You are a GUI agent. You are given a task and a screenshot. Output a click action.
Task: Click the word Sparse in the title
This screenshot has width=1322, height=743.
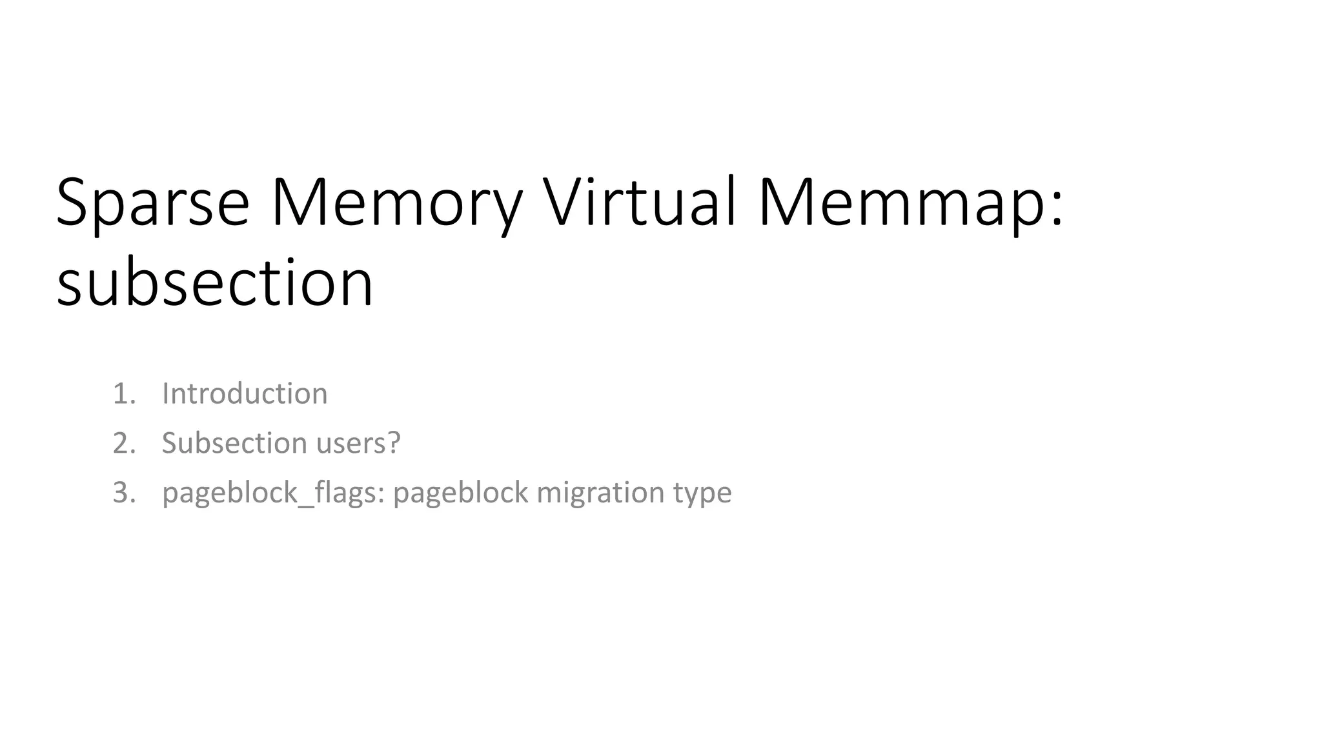click(x=153, y=203)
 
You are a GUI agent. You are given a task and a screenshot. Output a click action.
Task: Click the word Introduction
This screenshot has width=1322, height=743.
click(x=245, y=393)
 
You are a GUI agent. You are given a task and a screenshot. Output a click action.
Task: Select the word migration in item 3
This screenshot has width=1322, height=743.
click(x=601, y=493)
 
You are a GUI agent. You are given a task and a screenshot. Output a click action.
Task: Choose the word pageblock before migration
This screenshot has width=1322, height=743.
click(x=460, y=493)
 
